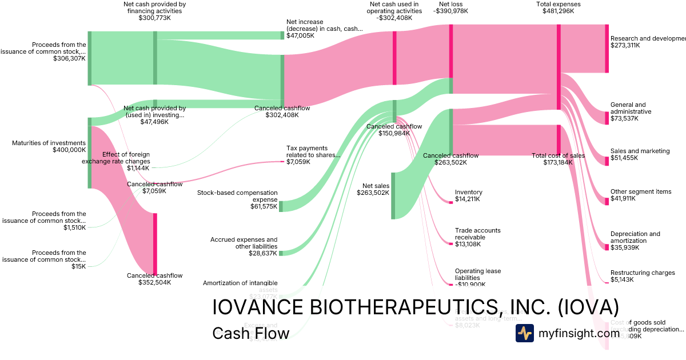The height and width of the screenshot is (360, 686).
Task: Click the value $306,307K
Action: click(69, 58)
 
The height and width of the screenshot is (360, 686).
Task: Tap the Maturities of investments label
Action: click(49, 143)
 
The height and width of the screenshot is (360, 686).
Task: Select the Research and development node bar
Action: click(607, 49)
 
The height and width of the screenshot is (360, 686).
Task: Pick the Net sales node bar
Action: click(393, 195)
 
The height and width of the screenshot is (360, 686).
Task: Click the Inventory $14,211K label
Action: click(468, 196)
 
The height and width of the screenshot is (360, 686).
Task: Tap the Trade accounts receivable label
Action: click(477, 234)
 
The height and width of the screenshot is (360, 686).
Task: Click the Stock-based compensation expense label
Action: click(237, 196)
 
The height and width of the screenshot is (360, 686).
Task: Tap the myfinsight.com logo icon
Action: click(524, 333)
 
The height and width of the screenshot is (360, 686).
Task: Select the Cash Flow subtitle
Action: click(250, 333)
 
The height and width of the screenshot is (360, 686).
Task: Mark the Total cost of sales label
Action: click(558, 155)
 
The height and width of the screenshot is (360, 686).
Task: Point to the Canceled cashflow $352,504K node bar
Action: click(154, 243)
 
